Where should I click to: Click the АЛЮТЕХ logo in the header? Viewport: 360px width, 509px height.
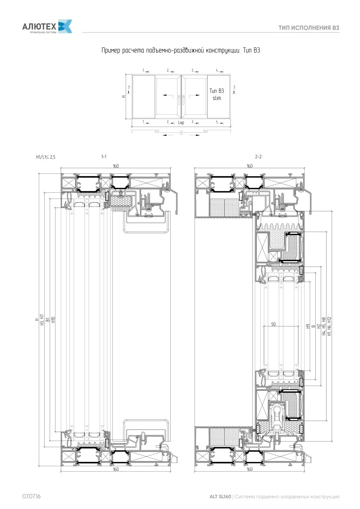(x=47, y=27)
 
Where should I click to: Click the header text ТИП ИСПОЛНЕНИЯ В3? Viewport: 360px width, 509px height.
(x=309, y=28)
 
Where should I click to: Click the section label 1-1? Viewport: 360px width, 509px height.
(x=104, y=156)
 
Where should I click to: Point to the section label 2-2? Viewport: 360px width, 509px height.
(x=258, y=156)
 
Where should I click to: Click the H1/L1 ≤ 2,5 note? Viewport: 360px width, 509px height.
(x=45, y=157)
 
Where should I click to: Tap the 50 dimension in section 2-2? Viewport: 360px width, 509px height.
(x=273, y=324)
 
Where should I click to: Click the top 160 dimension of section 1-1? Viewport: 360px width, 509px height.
(x=116, y=166)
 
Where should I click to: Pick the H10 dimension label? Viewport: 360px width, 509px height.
(x=53, y=320)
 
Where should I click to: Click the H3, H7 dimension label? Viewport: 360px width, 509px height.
(x=42, y=320)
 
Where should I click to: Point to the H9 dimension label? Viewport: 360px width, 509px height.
(x=308, y=326)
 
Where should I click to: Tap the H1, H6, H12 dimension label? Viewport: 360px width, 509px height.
(x=329, y=326)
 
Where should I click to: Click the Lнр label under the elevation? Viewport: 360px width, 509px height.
(x=181, y=123)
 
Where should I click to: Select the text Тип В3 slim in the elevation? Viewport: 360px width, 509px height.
(x=217, y=94)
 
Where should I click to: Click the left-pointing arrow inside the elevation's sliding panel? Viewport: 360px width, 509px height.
(x=168, y=95)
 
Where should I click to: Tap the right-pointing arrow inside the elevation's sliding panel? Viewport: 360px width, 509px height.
(x=195, y=95)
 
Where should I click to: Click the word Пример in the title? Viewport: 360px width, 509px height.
(x=111, y=50)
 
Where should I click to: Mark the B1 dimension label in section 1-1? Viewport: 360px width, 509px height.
(x=48, y=320)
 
